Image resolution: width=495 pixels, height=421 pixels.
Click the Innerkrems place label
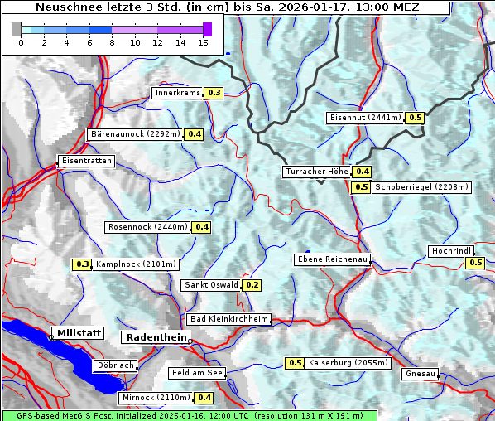(177, 93)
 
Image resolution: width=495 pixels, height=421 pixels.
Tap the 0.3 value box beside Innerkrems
(214, 93)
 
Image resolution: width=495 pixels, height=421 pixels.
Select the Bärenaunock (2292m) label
(134, 133)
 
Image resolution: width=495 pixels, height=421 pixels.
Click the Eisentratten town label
(85, 161)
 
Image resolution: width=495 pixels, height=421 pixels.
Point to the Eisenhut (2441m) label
(365, 118)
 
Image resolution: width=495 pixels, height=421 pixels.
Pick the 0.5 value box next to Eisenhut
(416, 118)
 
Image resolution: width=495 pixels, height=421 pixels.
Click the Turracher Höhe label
(316, 172)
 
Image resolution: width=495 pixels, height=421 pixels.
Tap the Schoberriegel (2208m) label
(422, 187)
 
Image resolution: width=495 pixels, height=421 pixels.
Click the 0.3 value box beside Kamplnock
(82, 264)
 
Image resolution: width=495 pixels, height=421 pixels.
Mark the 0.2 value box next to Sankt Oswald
(252, 285)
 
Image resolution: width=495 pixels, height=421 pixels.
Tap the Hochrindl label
(451, 251)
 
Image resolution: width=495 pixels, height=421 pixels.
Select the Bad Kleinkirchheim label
(229, 319)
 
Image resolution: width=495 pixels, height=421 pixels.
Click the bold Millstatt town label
(78, 333)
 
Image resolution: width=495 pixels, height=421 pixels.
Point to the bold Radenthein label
(155, 337)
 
